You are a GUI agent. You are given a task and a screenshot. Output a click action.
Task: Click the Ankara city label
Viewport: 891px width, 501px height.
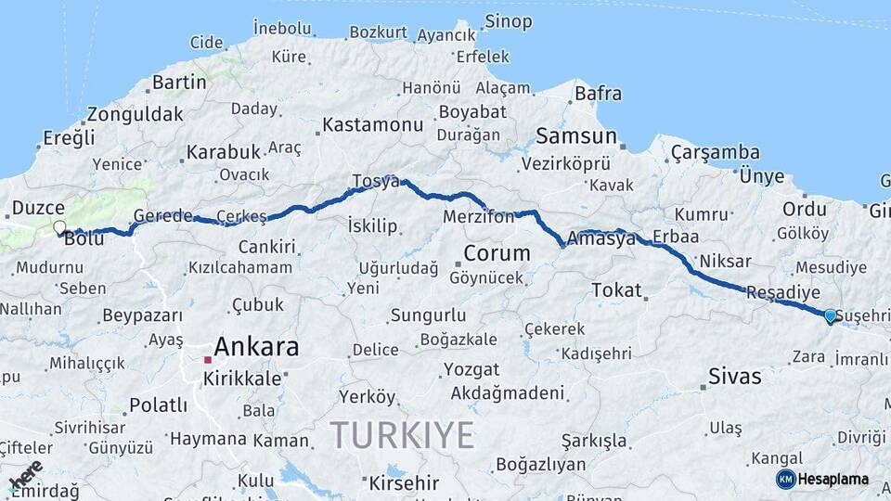[256, 348]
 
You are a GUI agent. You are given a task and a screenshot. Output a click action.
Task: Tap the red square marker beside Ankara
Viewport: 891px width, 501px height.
[207, 359]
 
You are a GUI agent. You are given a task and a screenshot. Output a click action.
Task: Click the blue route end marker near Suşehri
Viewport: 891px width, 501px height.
[830, 316]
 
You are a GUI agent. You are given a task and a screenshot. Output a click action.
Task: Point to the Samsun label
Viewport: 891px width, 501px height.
[575, 136]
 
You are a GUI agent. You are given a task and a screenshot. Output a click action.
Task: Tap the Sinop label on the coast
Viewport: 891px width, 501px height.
[509, 20]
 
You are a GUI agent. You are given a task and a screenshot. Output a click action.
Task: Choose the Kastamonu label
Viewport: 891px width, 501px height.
[372, 124]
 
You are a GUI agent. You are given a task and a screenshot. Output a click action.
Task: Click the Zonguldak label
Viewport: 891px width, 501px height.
[135, 115]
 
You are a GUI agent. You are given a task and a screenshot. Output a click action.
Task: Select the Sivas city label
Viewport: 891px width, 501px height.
[734, 377]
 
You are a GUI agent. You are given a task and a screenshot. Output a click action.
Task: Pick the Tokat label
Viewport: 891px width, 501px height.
[616, 290]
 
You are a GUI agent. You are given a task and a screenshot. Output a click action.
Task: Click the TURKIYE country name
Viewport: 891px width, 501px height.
[402, 434]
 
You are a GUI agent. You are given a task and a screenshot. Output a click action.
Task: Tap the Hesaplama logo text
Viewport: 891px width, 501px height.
[833, 480]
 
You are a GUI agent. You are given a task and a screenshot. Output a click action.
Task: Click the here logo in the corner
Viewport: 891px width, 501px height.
[25, 474]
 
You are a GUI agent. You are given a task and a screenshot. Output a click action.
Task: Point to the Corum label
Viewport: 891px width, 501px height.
[497, 253]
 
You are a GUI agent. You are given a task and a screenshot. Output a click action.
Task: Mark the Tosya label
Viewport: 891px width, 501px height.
[376, 181]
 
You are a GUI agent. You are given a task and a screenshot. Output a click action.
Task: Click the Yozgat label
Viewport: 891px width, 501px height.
[471, 369]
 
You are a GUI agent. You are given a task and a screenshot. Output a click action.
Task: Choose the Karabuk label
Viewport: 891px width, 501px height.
[222, 151]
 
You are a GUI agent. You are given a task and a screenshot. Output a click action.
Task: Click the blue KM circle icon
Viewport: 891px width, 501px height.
[785, 480]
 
